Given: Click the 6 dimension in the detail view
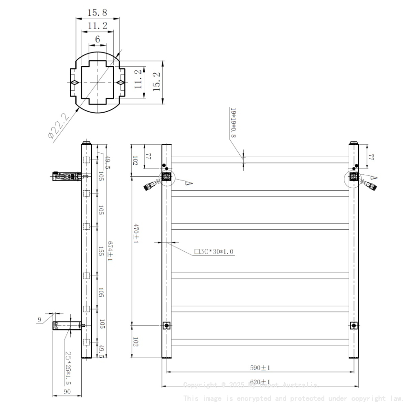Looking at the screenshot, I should [97, 40].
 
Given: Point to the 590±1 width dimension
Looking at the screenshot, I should [260, 368].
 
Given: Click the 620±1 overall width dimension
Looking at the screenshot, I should [260, 382].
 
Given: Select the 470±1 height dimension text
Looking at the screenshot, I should [135, 234].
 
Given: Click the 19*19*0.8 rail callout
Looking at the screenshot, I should [234, 122].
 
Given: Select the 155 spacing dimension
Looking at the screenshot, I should [101, 250].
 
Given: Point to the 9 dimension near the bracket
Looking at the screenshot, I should [40, 320].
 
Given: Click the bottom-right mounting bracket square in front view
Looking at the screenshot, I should [354, 326].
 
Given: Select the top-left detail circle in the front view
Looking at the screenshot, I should [167, 177].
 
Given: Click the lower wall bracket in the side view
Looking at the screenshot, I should [67, 326].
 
